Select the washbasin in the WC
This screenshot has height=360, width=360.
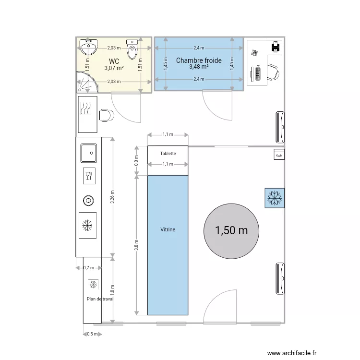click(x=89, y=47)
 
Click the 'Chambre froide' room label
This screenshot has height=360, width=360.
click(x=199, y=60)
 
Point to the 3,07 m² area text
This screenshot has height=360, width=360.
click(x=114, y=68)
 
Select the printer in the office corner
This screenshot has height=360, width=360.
click(x=276, y=46)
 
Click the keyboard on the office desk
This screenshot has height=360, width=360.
click(x=258, y=73)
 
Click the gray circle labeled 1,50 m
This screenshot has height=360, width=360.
click(x=231, y=230)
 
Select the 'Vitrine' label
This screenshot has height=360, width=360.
click(x=168, y=230)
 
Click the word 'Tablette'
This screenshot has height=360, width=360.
click(x=168, y=154)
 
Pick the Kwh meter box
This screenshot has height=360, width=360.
click(x=278, y=155)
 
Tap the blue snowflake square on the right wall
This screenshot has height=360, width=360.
click(x=275, y=198)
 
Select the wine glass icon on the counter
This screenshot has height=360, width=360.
click(x=88, y=176)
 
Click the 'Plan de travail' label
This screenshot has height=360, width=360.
click(x=101, y=299)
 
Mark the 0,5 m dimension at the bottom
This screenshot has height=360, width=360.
click(x=92, y=334)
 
